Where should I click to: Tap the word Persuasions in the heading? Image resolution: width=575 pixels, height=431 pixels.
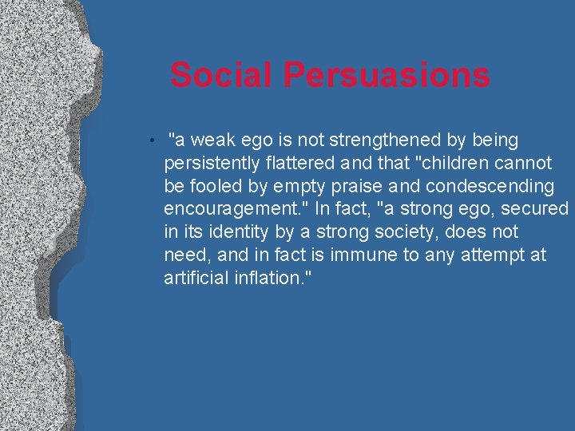click(x=387, y=76)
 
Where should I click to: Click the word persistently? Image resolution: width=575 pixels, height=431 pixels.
click(x=211, y=164)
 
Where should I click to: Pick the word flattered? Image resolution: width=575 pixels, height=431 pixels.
click(x=299, y=164)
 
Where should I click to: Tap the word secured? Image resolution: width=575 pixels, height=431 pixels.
click(x=535, y=209)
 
